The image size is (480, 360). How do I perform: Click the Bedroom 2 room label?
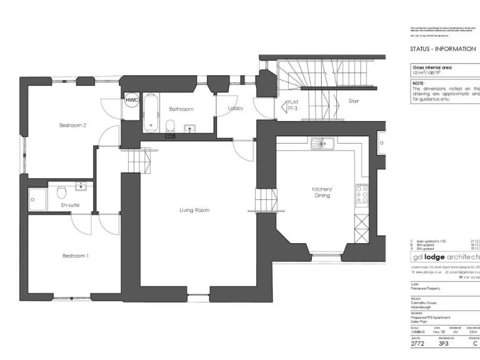pyautogui.click(x=72, y=125)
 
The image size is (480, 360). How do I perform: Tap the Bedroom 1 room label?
pyautogui.click(x=75, y=256)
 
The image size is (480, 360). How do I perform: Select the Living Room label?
pyautogui.click(x=194, y=210)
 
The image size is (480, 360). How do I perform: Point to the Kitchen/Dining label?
pyautogui.click(x=322, y=192)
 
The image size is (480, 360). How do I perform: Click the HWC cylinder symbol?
pyautogui.click(x=131, y=100)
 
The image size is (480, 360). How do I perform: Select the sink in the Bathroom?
pyautogui.click(x=189, y=129)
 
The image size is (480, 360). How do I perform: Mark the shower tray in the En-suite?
pyautogui.click(x=38, y=197)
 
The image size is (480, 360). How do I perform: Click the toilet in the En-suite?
pyautogui.click(x=61, y=191)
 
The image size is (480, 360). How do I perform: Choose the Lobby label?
pyautogui.click(x=235, y=109)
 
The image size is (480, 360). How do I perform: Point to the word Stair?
pyautogui.click(x=353, y=101)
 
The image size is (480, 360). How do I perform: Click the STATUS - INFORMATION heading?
pyautogui.click(x=442, y=49)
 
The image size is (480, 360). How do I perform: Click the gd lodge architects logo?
pyautogui.click(x=445, y=257)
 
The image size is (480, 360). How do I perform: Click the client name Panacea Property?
pyautogui.click(x=425, y=289)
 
